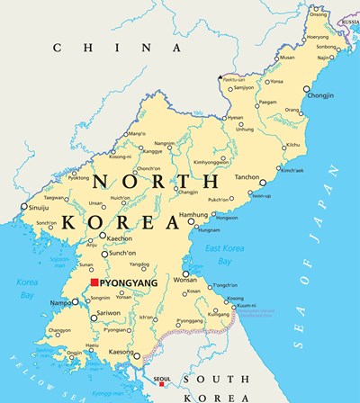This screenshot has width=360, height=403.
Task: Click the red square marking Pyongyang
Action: tap(94, 282)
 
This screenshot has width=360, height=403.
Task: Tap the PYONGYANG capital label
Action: tap(127, 282)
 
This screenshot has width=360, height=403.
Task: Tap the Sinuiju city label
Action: tap(40, 206)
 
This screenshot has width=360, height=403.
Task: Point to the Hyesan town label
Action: tap(235, 118)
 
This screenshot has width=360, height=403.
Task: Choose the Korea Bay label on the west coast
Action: tap(27, 288)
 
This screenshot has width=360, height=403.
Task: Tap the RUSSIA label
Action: tap(348, 21)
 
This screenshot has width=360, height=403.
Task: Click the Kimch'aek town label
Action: tap(293, 169)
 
